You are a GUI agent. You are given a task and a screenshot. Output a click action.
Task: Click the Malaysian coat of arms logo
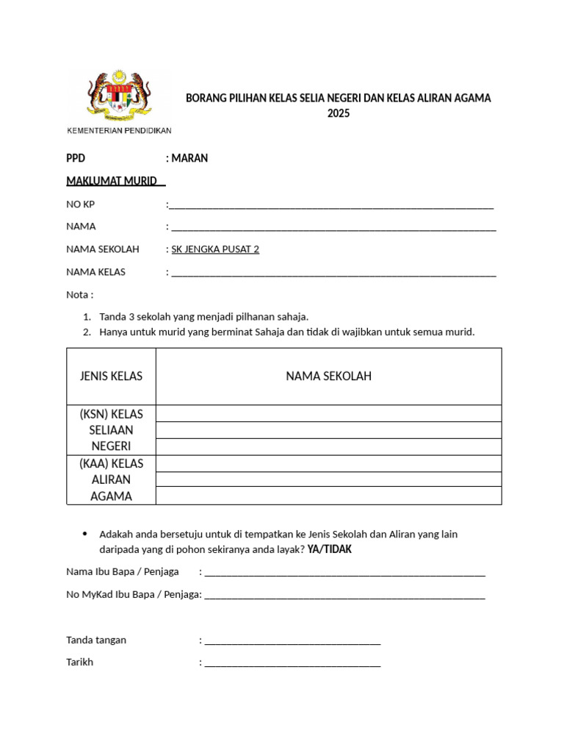pyautogui.click(x=119, y=96)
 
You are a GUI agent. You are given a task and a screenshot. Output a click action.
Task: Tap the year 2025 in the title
pyautogui.click(x=339, y=114)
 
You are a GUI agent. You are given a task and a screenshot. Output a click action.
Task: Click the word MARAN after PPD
pyautogui.click(x=190, y=158)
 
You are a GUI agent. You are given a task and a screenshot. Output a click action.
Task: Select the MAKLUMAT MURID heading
pyautogui.click(x=115, y=181)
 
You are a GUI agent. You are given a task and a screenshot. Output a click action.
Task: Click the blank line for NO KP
pyautogui.click(x=330, y=206)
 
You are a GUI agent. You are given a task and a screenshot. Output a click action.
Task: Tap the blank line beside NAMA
pyautogui.click(x=333, y=228)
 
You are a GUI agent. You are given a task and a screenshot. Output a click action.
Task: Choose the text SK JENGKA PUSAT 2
pyautogui.click(x=215, y=249)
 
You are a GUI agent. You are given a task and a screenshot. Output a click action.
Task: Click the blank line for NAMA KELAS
pyautogui.click(x=333, y=274)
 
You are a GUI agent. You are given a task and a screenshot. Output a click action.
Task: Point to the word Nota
pyautogui.click(x=79, y=295)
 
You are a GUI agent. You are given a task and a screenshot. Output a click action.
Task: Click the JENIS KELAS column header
pyautogui.click(x=112, y=376)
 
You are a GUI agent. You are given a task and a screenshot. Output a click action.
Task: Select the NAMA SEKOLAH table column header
pyautogui.click(x=329, y=376)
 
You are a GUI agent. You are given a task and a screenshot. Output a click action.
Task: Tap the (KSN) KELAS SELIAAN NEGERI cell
pyautogui.click(x=112, y=430)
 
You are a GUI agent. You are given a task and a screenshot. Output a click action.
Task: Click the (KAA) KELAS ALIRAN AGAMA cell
pyautogui.click(x=112, y=480)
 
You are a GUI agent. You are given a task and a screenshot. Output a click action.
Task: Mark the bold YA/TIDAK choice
pyautogui.click(x=335, y=550)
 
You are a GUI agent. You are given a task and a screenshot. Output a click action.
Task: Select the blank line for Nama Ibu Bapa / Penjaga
pyautogui.click(x=344, y=573)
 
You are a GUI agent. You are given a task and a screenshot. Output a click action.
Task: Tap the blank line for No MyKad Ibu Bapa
pyautogui.click(x=344, y=596)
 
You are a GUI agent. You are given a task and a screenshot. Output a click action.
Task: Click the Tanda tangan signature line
pyautogui.click(x=292, y=641)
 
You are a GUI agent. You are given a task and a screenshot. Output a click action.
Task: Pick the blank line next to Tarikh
pyautogui.click(x=292, y=663)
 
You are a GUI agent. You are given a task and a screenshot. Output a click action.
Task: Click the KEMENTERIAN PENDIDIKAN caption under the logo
pyautogui.click(x=119, y=131)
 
